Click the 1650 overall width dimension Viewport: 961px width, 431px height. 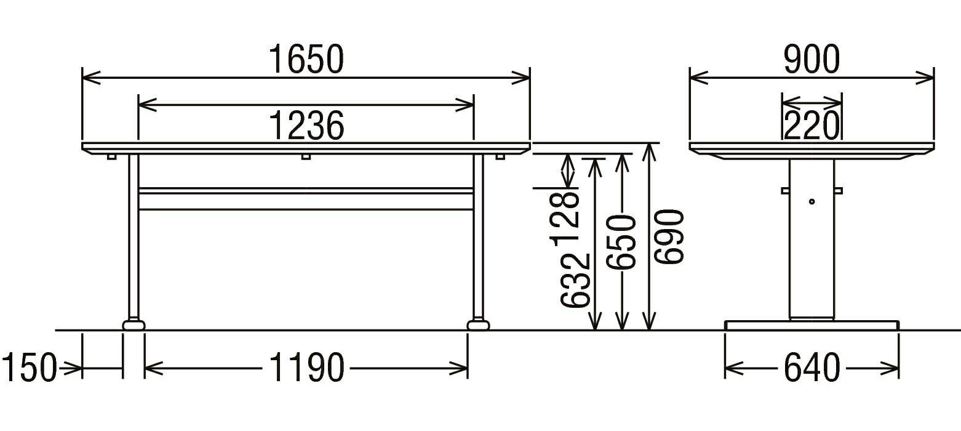click(x=306, y=59)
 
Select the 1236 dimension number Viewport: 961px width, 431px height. click(x=306, y=126)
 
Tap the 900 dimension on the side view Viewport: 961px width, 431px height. click(x=811, y=59)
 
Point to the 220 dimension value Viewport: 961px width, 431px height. click(x=811, y=126)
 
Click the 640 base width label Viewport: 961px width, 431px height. click(x=811, y=368)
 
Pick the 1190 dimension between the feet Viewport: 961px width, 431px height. click(x=306, y=368)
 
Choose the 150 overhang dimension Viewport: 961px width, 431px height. click(x=29, y=368)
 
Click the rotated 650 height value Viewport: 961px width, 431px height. click(x=621, y=243)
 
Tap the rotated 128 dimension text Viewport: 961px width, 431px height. click(x=565, y=219)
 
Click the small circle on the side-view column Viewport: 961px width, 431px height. click(x=811, y=201)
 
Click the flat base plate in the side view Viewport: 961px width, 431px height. click(x=811, y=325)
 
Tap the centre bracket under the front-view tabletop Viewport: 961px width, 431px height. click(x=306, y=156)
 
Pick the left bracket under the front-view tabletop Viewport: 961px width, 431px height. click(x=111, y=156)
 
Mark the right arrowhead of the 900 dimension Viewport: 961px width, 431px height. click(x=925, y=78)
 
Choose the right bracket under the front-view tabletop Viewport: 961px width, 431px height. click(x=500, y=156)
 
